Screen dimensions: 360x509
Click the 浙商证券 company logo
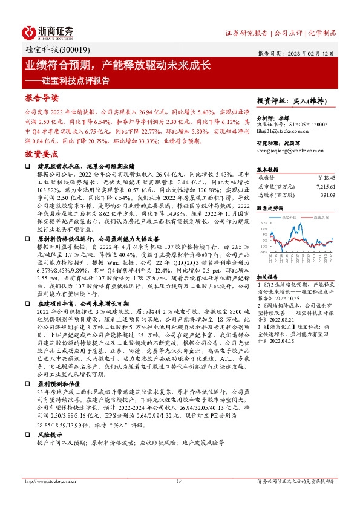[x=48, y=31]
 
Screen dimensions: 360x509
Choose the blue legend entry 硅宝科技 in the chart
[x=288, y=216]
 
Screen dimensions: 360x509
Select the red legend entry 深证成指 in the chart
[x=320, y=216]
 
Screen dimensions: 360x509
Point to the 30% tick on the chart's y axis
[x=263, y=223]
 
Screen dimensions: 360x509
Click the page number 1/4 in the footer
[x=180, y=481]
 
